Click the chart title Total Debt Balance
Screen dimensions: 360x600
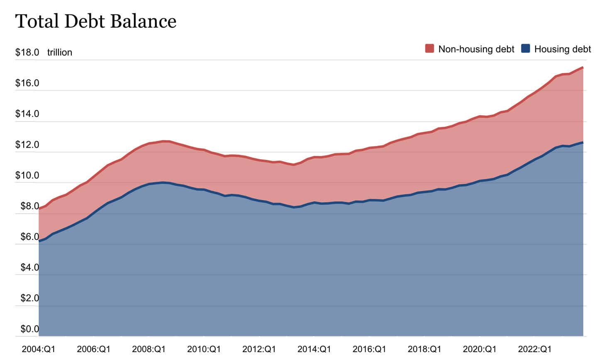pos(96,21)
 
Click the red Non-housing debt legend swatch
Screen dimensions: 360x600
pos(429,49)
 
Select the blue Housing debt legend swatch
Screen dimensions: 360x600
pos(526,49)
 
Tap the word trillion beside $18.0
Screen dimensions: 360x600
pos(59,53)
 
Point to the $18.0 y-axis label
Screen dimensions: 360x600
pos(27,53)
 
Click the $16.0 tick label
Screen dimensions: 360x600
pos(27,83)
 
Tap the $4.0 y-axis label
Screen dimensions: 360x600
pos(29,268)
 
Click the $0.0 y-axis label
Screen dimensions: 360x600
pos(29,329)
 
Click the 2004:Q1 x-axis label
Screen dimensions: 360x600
pos(38,349)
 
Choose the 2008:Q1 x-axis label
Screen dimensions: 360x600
pos(149,349)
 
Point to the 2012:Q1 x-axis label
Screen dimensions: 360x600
pos(259,349)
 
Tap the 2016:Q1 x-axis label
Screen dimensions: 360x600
pos(369,349)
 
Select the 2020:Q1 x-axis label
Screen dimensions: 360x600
pos(479,349)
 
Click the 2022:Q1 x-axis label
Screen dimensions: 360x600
pos(534,349)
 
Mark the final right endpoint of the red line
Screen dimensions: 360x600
pos(583,67)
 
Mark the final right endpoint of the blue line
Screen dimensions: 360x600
pos(583,143)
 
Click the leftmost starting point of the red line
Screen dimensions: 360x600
pos(39,208)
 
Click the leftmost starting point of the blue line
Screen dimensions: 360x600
pos(39,241)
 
